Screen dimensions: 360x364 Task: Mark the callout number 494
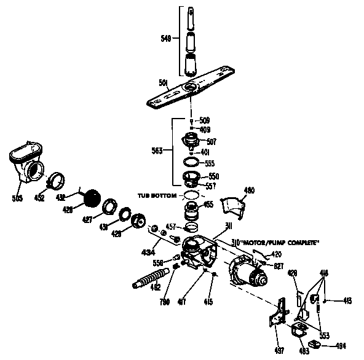(339, 346)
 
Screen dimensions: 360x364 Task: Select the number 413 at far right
(347, 300)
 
